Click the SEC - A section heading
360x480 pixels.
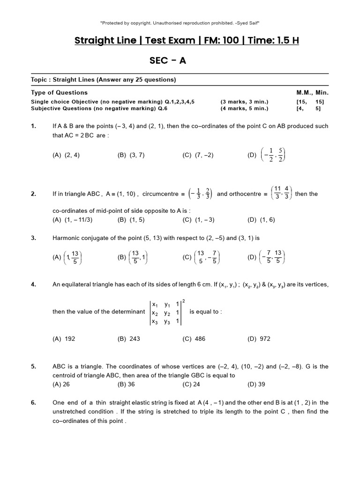[167, 61]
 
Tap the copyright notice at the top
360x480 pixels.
[180, 22]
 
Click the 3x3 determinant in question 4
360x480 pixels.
[165, 312]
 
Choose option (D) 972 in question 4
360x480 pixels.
[259, 339]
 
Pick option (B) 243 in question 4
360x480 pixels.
[129, 339]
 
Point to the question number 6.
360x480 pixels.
[33, 402]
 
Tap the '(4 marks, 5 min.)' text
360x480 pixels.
[244, 108]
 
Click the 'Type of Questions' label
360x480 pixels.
[59, 92]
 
